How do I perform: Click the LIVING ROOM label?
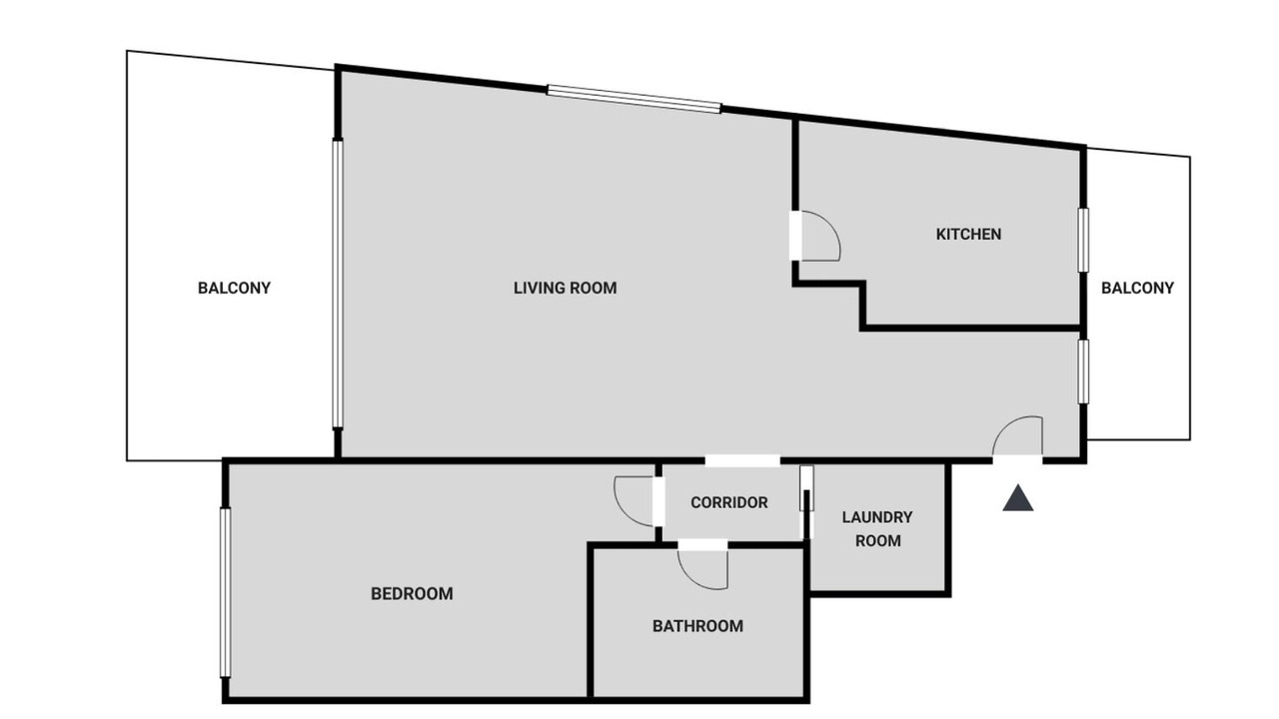point(565,288)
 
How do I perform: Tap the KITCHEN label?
point(968,234)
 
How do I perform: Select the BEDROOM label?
point(412,593)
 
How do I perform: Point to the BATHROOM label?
point(697,626)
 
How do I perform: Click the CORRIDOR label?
point(729,502)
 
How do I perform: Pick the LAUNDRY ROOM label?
point(877,529)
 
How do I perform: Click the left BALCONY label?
point(234,288)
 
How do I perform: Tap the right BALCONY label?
point(1137,288)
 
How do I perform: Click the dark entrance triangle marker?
point(1018,498)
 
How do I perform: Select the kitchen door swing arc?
point(830,229)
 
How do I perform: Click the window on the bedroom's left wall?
point(226,592)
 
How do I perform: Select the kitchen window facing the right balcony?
point(1083,240)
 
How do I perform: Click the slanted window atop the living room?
point(634,99)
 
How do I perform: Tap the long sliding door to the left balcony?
point(338,283)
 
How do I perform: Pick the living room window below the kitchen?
point(1083,371)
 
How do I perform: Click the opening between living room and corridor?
point(742,460)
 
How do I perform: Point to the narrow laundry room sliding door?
point(806,488)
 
